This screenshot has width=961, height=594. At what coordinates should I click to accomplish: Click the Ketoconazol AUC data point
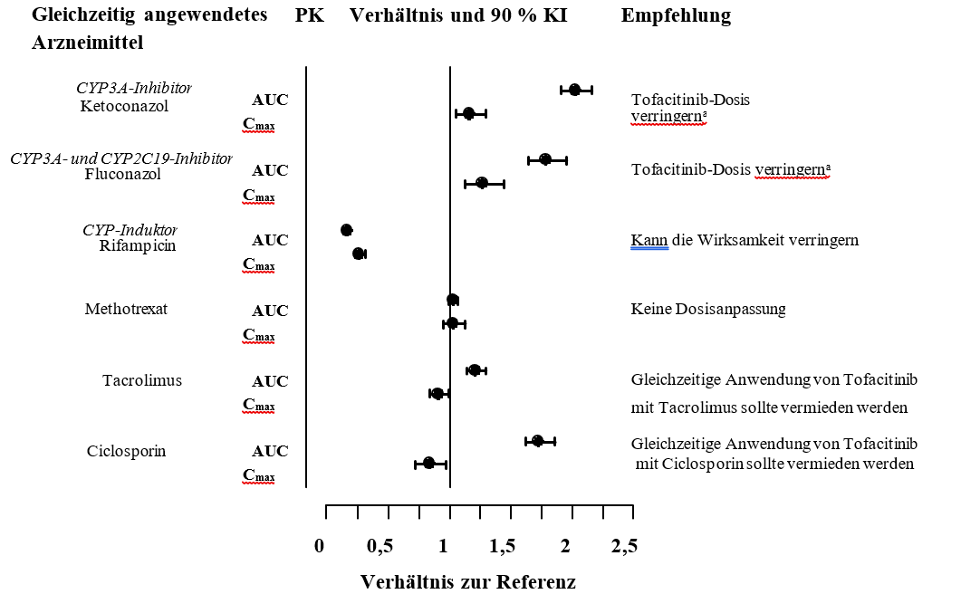574,90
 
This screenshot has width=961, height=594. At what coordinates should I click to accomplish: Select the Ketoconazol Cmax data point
469,113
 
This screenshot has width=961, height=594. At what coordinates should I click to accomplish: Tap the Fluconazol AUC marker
545,159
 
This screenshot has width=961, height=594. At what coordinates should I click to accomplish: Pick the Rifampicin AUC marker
346,230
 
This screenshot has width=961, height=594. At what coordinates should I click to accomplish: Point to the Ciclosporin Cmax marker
429,464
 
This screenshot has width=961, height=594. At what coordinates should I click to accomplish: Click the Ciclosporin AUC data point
537,441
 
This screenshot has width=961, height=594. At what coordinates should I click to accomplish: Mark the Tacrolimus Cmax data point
437,393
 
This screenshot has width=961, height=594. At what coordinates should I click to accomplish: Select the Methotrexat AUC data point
453,300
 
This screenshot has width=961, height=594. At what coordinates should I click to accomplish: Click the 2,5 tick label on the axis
624,546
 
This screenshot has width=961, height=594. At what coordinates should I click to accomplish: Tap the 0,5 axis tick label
380,546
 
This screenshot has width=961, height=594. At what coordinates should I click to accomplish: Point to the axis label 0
319,546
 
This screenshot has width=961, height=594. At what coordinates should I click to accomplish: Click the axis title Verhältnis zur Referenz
468,580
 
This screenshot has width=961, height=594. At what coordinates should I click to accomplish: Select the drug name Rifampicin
137,245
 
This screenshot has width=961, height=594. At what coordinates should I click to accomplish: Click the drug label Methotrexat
126,310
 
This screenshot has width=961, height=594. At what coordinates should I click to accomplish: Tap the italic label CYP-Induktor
130,229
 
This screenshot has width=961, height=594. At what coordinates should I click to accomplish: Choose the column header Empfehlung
676,16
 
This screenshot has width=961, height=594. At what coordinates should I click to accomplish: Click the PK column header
310,16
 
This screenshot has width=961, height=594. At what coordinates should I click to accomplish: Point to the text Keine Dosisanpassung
707,310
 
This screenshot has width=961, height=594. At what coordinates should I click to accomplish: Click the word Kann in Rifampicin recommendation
649,241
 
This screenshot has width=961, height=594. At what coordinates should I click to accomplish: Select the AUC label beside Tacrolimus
270,381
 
